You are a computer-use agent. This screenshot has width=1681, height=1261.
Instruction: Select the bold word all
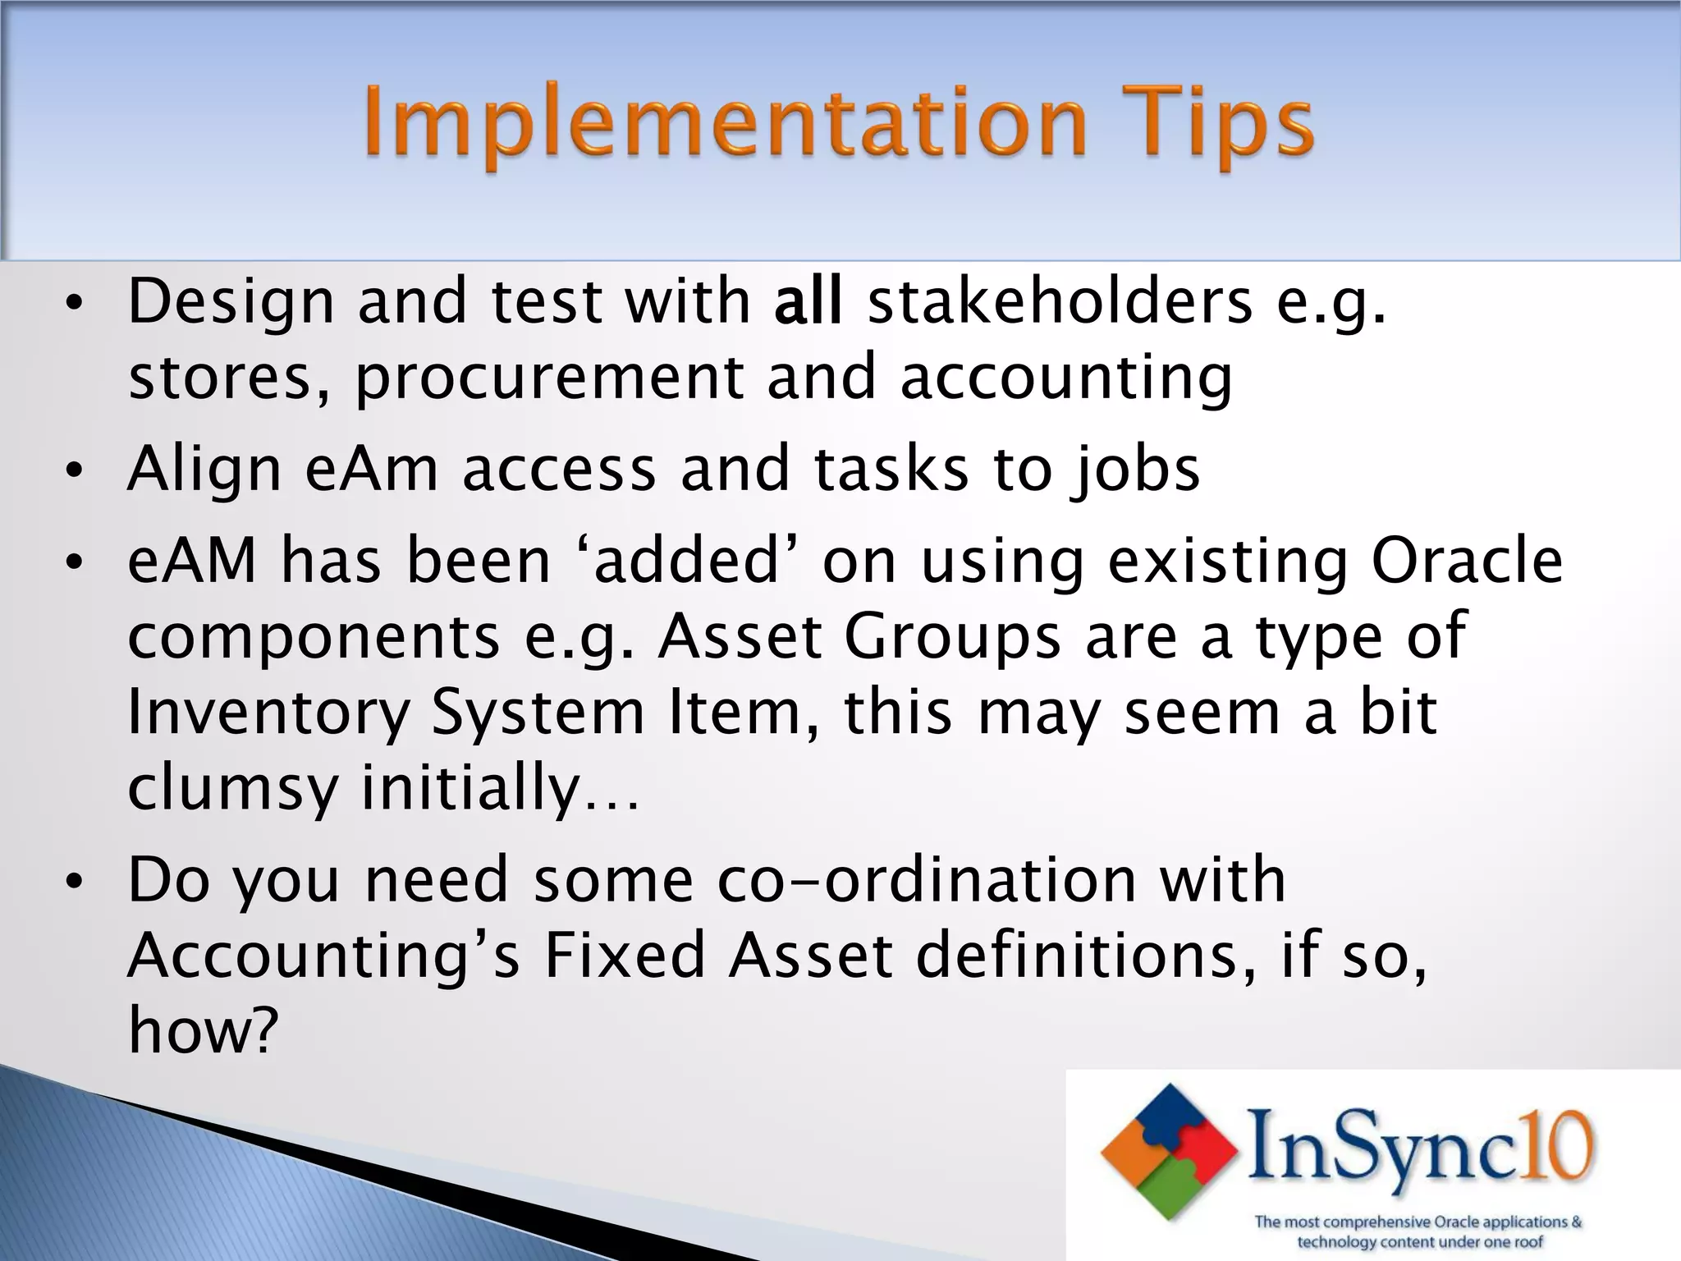(x=808, y=301)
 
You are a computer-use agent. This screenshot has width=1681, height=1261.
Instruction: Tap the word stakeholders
(x=1060, y=301)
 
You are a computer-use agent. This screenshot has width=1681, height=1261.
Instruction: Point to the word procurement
(x=549, y=378)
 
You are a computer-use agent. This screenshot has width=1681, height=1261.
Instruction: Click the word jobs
(x=1135, y=470)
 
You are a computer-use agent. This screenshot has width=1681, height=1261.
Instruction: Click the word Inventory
(x=268, y=713)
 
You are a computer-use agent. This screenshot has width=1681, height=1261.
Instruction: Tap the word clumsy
(x=233, y=787)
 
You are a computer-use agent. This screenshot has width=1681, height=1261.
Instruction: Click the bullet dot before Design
(x=74, y=304)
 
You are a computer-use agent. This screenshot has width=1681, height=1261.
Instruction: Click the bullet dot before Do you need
(x=74, y=883)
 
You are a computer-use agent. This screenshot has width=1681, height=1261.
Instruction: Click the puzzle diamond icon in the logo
(x=1170, y=1150)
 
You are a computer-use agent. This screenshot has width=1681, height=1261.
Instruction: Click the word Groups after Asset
(x=952, y=637)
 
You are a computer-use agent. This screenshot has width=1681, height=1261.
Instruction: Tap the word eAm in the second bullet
(x=372, y=470)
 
